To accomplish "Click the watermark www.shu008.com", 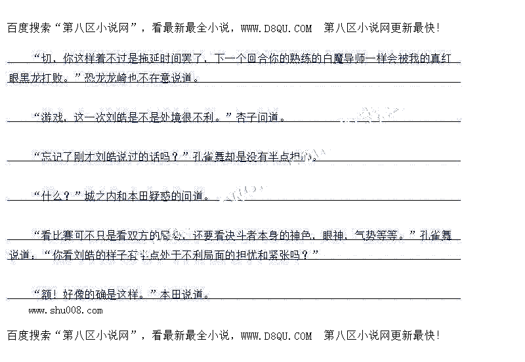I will point(65,310).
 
